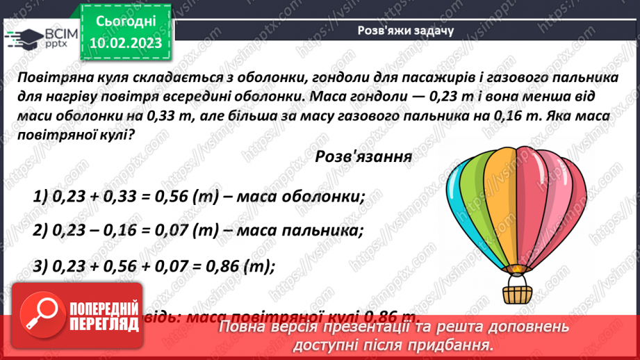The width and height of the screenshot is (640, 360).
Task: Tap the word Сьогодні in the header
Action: (x=126, y=21)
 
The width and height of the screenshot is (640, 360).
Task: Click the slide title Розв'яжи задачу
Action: (x=405, y=31)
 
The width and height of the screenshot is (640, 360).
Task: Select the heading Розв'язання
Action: (x=363, y=156)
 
